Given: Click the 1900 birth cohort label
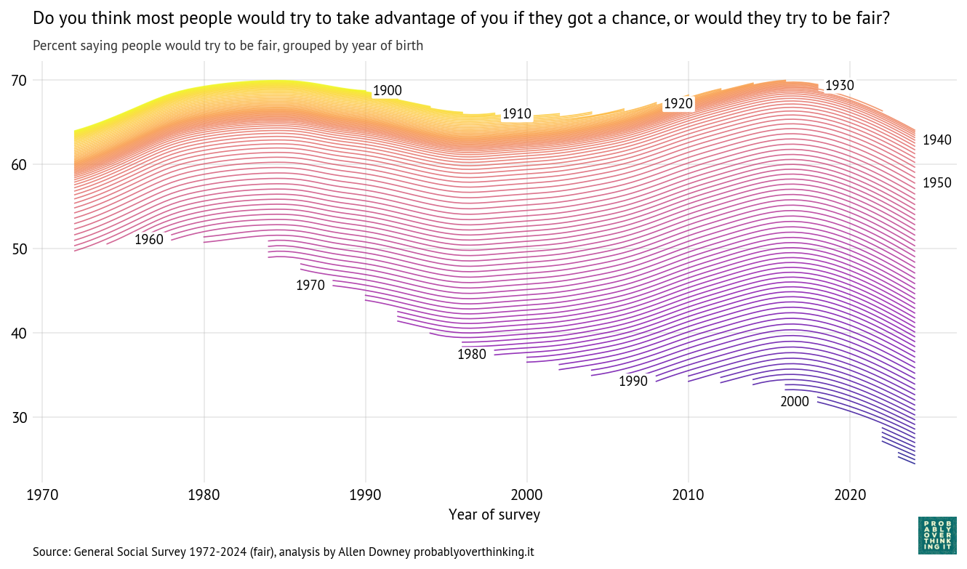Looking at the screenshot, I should tap(387, 91).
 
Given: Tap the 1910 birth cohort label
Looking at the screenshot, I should tap(516, 114).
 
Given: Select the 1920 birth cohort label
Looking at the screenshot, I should tap(678, 104).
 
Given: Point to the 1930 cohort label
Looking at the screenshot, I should tap(839, 86).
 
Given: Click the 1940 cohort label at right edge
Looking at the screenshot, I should tap(936, 140).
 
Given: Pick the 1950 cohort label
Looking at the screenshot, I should tap(936, 183).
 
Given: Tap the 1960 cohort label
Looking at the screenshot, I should tap(149, 240).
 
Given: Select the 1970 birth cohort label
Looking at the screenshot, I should tap(310, 286).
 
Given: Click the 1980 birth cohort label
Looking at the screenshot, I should tap(472, 355).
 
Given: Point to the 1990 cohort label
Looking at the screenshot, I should tap(633, 382).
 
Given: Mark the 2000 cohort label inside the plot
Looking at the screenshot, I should tap(795, 402).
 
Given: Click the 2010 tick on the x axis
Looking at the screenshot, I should tap(688, 496).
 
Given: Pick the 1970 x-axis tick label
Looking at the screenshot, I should tap(42, 496).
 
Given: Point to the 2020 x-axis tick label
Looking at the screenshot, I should tap(849, 496).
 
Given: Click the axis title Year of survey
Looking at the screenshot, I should tap(494, 514).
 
